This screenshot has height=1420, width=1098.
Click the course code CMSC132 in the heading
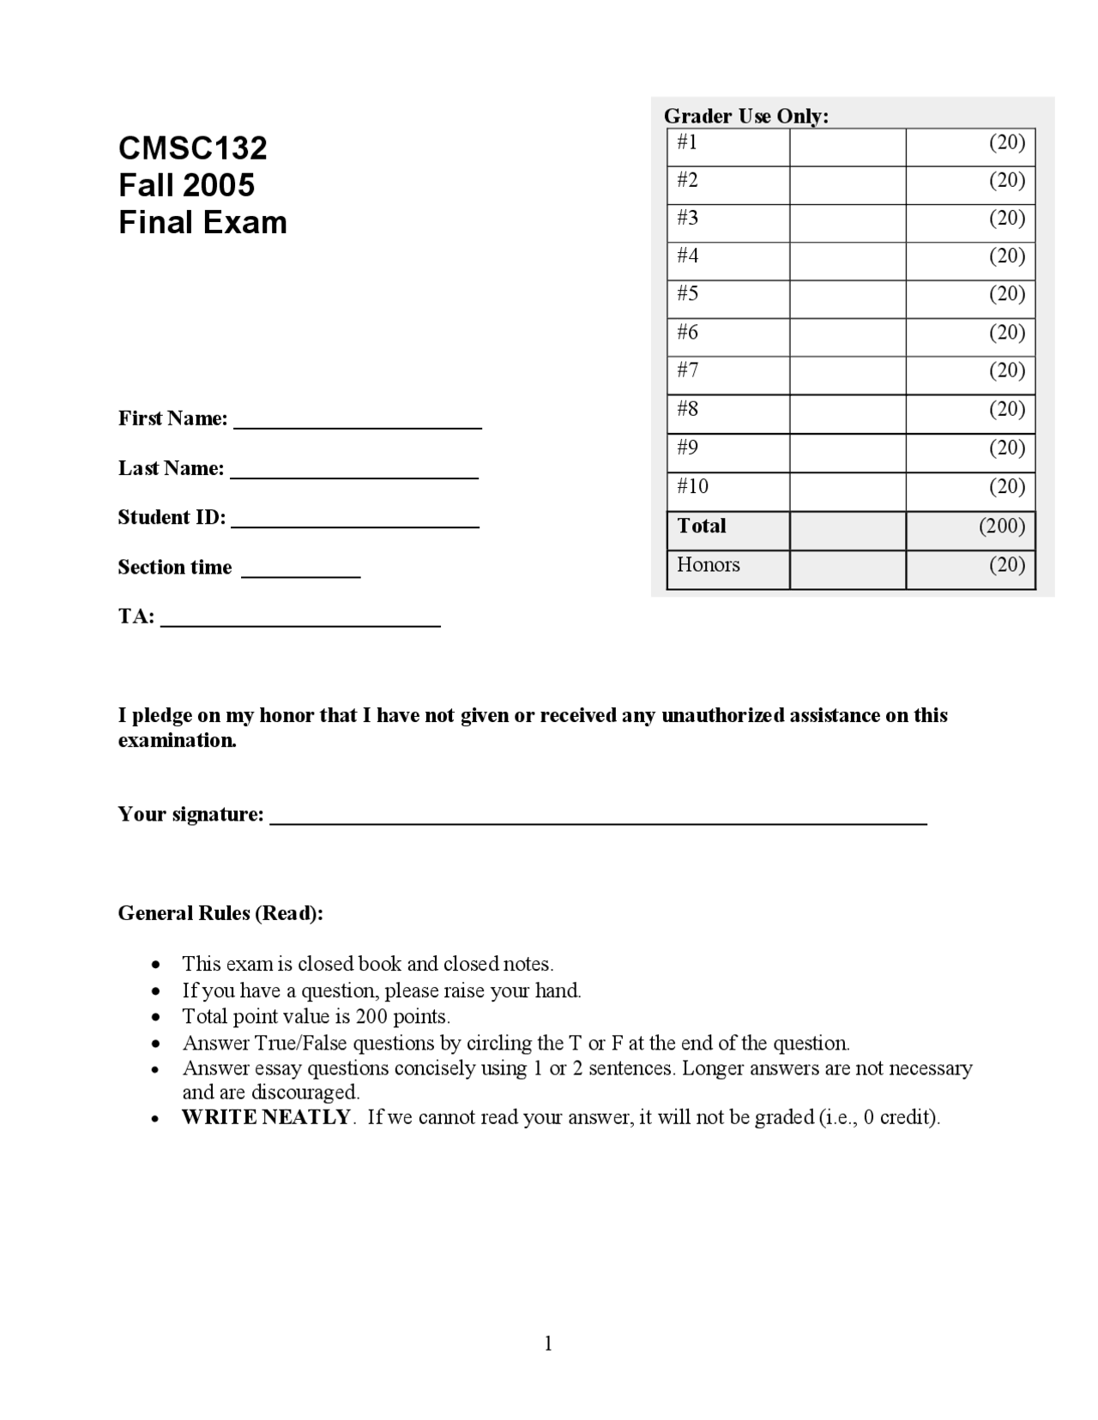tap(192, 148)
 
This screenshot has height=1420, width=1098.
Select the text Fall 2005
tap(186, 185)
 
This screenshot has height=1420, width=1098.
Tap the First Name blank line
tap(357, 424)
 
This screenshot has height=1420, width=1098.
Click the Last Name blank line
tap(354, 474)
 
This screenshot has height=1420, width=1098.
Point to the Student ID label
tap(172, 517)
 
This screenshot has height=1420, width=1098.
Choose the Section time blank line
tap(300, 574)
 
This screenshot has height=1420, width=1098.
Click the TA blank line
tap(300, 623)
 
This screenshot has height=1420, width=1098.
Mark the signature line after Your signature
tap(598, 821)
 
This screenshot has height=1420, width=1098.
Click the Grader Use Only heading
tap(745, 116)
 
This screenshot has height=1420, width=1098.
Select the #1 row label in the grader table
tap(687, 142)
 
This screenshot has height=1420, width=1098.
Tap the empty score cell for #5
tap(847, 298)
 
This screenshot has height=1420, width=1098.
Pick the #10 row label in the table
tap(692, 486)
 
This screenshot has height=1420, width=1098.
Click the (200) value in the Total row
tap(1002, 526)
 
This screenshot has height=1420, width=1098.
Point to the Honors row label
tap(708, 564)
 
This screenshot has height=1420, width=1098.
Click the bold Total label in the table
tap(701, 526)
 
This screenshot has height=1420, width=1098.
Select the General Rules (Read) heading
tap(220, 913)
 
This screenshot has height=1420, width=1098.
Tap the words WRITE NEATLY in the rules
tap(266, 1116)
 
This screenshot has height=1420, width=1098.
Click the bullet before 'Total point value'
tap(155, 1017)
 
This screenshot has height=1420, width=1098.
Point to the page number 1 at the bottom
tap(548, 1343)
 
